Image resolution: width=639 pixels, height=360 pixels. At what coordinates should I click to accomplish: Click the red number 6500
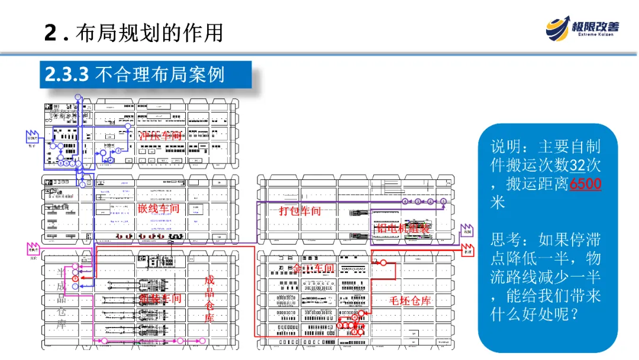(585, 184)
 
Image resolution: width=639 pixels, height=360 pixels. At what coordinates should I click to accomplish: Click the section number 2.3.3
(67, 75)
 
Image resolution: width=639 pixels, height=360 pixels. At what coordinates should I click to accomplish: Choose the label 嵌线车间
(158, 208)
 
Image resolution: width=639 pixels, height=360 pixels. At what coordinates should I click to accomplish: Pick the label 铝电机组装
(403, 229)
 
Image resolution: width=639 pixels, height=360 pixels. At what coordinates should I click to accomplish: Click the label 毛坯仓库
(410, 300)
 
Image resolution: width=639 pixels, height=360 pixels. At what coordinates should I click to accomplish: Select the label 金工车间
(314, 268)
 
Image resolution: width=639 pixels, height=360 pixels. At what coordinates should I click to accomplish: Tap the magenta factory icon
(33, 248)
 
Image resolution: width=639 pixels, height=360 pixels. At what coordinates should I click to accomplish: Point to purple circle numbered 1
(443, 202)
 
